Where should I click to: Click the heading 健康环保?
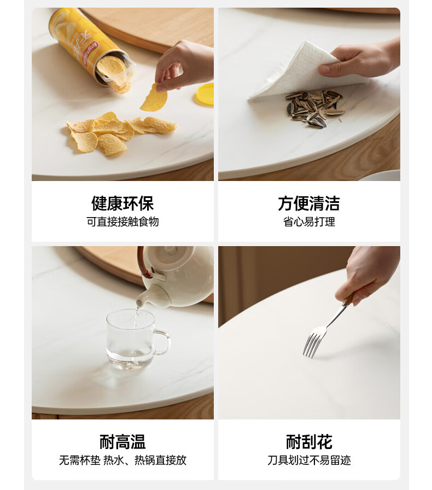pyautogui.click(x=122, y=203)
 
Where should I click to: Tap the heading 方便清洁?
pyautogui.click(x=309, y=203)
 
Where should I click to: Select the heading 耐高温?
pyautogui.click(x=122, y=442)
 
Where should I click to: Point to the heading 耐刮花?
pyautogui.click(x=309, y=442)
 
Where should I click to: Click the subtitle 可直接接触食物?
pyautogui.click(x=122, y=221)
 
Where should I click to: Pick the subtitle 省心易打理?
pyautogui.click(x=309, y=221)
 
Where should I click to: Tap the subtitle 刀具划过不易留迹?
pyautogui.click(x=309, y=460)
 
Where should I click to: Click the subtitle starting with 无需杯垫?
pyautogui.click(x=122, y=460)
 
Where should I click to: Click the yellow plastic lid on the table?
pyautogui.click(x=206, y=94)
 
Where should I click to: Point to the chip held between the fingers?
pyautogui.click(x=154, y=98)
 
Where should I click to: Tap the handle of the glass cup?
pyautogui.click(x=163, y=342)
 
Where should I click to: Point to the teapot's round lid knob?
pyautogui.click(x=171, y=249)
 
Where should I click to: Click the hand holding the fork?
pyautogui.click(x=366, y=276)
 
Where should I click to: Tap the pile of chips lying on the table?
pyautogui.click(x=120, y=133)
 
